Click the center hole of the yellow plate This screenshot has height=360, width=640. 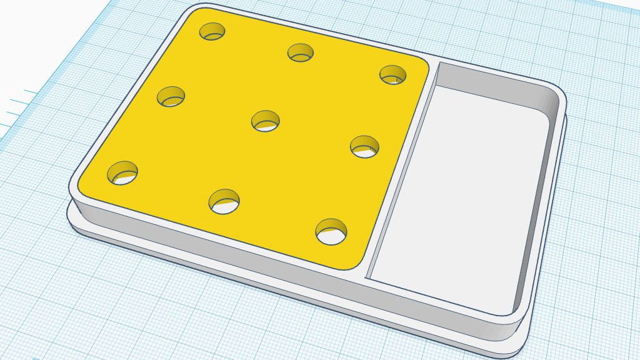[x=265, y=119]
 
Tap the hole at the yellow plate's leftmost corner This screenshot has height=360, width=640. [x=122, y=172]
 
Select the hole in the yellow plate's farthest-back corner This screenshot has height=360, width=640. [x=212, y=31]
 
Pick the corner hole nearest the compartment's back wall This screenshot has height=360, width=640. [x=392, y=74]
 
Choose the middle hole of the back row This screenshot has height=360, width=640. [x=301, y=52]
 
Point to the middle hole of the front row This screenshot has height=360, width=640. [x=224, y=201]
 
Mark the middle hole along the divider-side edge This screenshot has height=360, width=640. [x=364, y=146]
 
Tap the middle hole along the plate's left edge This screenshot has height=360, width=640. [x=171, y=97]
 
